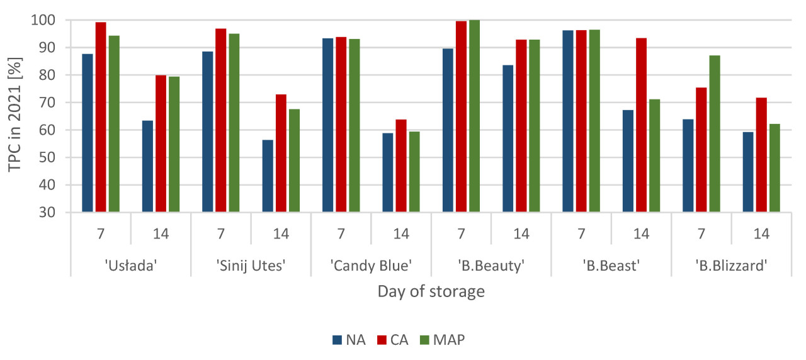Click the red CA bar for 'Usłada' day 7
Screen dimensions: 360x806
click(101, 118)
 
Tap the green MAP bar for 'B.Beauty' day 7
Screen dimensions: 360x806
click(474, 116)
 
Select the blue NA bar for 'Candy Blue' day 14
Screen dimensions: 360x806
click(388, 172)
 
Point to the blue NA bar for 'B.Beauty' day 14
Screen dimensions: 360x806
click(508, 138)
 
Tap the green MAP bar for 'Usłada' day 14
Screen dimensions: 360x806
click(174, 144)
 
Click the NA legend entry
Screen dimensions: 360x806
click(349, 340)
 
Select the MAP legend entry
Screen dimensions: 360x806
click(443, 340)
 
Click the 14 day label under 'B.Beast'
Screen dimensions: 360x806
click(641, 234)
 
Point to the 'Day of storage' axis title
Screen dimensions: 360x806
click(431, 291)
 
